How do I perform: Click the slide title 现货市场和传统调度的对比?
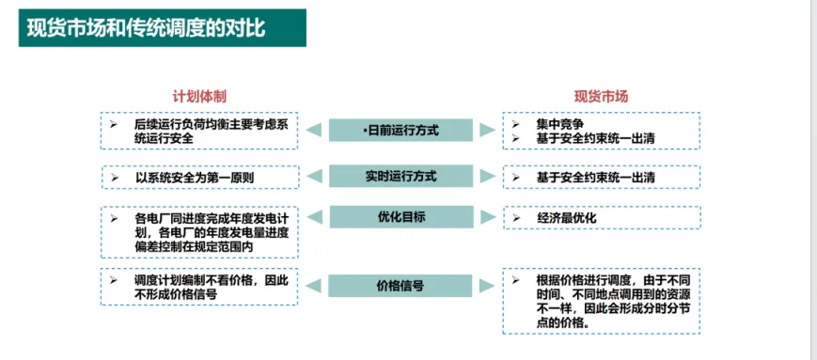[147, 28]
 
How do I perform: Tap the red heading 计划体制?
[198, 97]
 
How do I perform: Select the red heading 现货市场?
[601, 97]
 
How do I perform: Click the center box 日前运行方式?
[401, 130]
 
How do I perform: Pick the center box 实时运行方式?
[401, 176]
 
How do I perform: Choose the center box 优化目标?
[401, 217]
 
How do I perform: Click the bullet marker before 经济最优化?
[515, 218]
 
